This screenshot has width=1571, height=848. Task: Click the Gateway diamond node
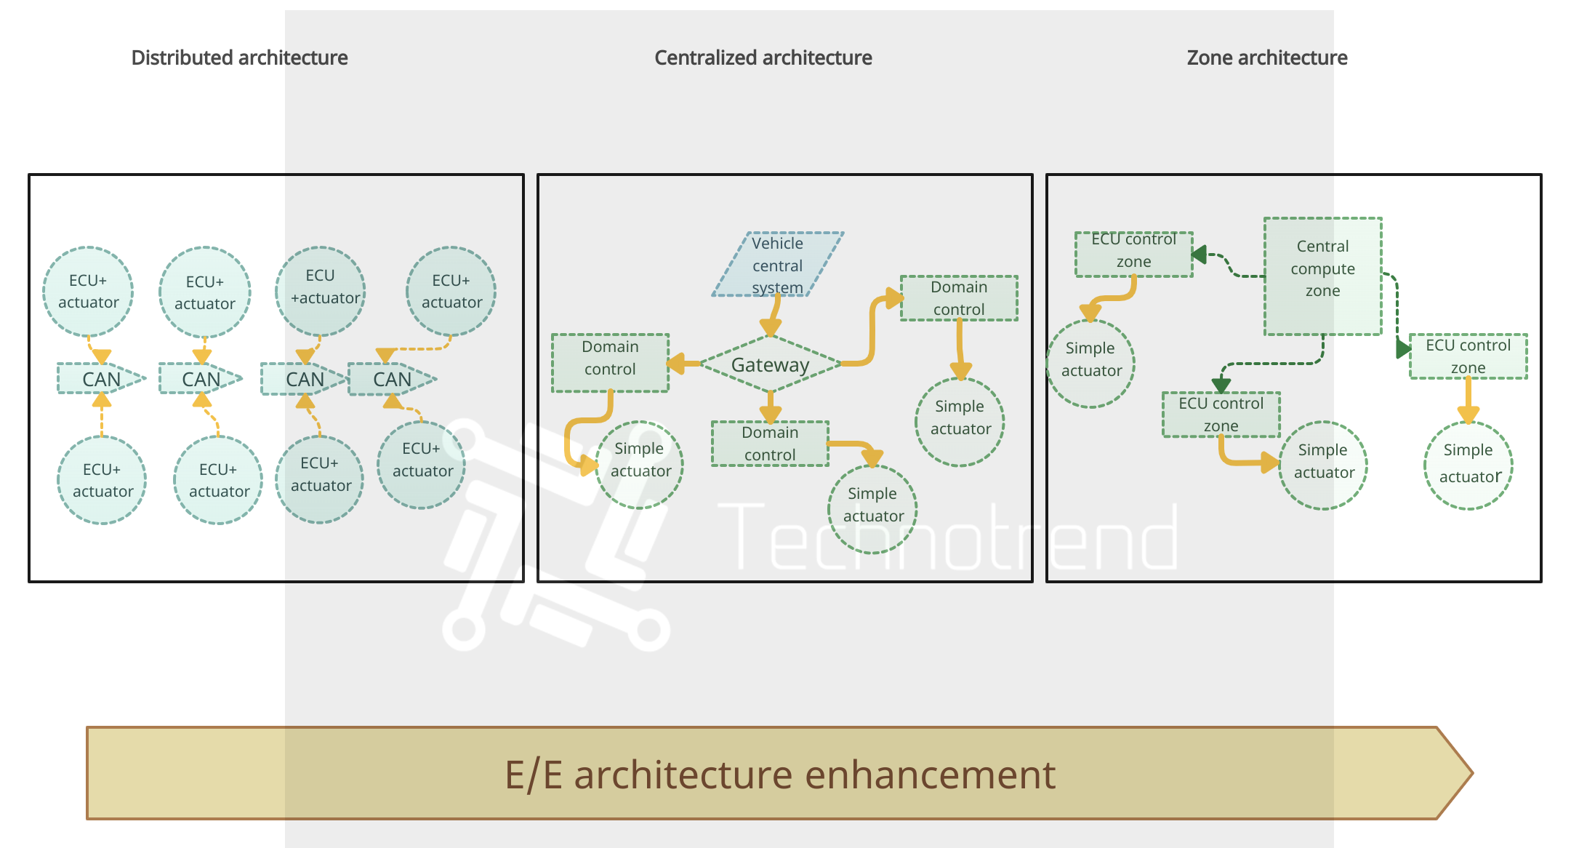(x=770, y=364)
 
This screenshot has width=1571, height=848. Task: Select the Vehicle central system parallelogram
(x=777, y=265)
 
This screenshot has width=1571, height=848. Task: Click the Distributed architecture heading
(x=239, y=57)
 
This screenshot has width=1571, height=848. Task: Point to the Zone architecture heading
(x=1266, y=57)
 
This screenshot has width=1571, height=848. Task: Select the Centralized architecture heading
(x=763, y=57)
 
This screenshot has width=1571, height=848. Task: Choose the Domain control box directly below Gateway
(x=770, y=444)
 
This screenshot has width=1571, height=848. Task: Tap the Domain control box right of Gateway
(x=959, y=298)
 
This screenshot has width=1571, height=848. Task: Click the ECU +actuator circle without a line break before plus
(x=320, y=291)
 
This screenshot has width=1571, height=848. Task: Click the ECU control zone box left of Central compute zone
(x=1133, y=254)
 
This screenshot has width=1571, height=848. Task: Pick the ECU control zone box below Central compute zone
(x=1221, y=415)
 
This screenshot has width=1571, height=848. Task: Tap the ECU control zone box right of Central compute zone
(x=1468, y=356)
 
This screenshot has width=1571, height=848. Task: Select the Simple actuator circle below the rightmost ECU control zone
(x=1468, y=465)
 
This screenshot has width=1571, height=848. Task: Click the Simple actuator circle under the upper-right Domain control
(x=960, y=422)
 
